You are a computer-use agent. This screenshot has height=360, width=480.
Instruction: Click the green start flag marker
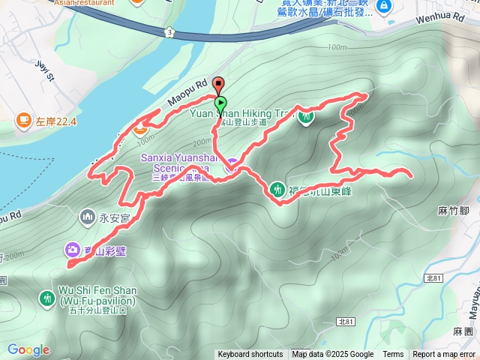(220, 103)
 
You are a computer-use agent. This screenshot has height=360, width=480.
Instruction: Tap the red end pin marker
(218, 84)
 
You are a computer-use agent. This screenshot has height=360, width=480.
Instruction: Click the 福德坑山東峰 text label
(320, 190)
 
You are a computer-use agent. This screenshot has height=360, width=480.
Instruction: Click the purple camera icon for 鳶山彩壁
(73, 249)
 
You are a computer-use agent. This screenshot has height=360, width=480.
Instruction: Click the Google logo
(28, 349)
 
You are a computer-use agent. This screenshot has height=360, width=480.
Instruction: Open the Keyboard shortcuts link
(250, 355)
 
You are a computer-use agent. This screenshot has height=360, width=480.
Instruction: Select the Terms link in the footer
(393, 355)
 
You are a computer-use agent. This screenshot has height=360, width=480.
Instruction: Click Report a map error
(445, 355)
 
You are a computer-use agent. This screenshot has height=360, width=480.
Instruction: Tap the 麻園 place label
(463, 331)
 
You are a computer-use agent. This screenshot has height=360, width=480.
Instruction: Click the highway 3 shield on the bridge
(170, 32)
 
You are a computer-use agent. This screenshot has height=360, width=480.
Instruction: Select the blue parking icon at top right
(385, 7)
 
